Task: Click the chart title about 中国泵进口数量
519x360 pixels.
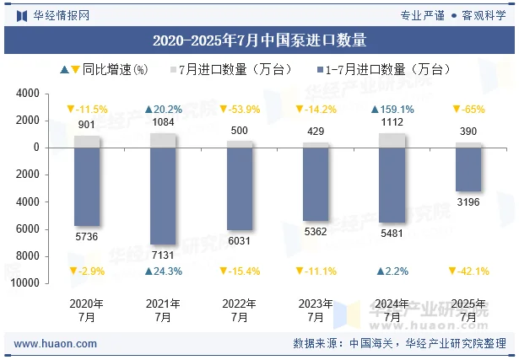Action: [x=259, y=40]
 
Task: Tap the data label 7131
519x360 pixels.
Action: [x=163, y=255]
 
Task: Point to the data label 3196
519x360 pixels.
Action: [x=468, y=202]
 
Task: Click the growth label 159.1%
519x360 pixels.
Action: [x=392, y=110]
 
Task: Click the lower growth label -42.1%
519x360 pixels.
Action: [x=468, y=271]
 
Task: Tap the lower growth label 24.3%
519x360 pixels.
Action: [x=163, y=271]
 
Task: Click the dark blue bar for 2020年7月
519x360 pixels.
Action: [x=87, y=186]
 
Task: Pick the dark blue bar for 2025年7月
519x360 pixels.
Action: [x=468, y=169]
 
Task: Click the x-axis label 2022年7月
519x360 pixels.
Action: [x=240, y=310]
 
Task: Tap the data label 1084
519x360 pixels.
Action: [x=163, y=123]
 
